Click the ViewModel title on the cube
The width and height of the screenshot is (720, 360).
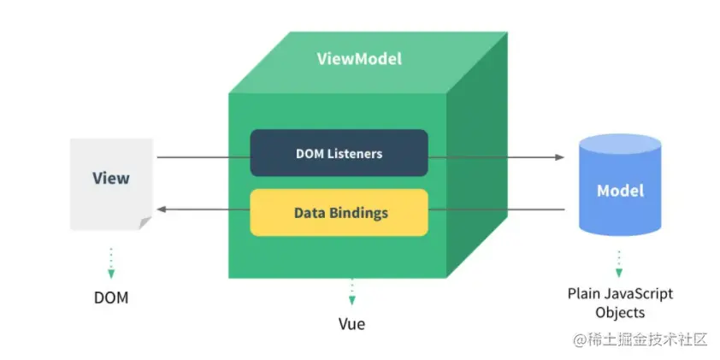pos(359,59)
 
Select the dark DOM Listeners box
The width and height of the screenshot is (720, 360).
pos(339,154)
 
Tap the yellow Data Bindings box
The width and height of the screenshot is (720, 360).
pos(339,212)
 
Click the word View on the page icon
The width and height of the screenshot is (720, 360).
pos(111,178)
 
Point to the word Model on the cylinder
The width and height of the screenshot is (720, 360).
pos(620,190)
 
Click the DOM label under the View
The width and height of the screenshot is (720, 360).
pos(111,298)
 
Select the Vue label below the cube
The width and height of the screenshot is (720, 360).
pos(351,325)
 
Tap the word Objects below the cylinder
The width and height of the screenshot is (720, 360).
pos(620,312)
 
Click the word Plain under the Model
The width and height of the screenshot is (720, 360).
pos(584,293)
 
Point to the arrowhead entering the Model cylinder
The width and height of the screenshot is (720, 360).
pos(559,157)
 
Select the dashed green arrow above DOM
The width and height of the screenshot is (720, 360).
pos(111,263)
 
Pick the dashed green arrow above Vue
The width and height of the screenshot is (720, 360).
pos(351,292)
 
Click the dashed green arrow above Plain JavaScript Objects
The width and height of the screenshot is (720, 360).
pos(620,260)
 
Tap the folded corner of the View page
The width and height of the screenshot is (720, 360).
pos(145,222)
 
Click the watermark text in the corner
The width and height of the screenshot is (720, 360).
pos(640,339)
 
